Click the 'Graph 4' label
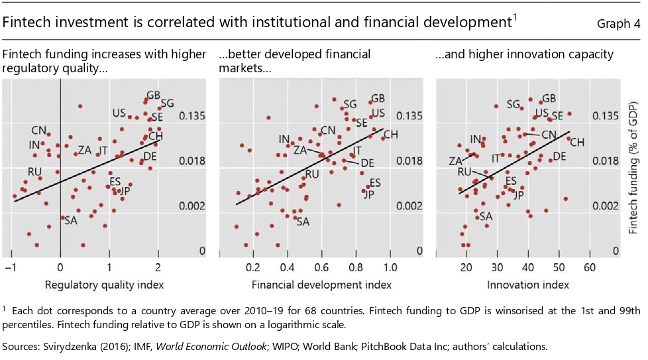pyautogui.click(x=618, y=25)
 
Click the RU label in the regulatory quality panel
pyautogui.click(x=34, y=172)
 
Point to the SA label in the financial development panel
pyautogui.click(x=303, y=221)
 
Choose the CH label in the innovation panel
pyautogui.click(x=577, y=142)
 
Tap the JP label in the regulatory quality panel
pyautogui.click(x=123, y=192)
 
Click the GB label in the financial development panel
pyautogui.click(x=378, y=98)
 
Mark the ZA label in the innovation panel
pyautogui.click(x=455, y=161)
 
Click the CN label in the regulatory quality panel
pyautogui.click(x=39, y=131)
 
